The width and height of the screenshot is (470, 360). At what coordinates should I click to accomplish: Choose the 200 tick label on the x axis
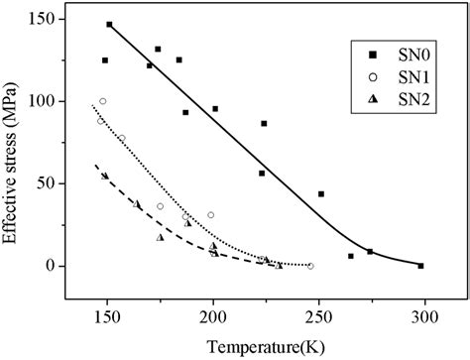(x=212, y=315)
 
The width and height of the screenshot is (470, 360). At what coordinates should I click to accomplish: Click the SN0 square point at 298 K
(x=420, y=266)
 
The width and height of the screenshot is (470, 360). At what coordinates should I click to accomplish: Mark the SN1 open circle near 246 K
(x=310, y=266)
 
